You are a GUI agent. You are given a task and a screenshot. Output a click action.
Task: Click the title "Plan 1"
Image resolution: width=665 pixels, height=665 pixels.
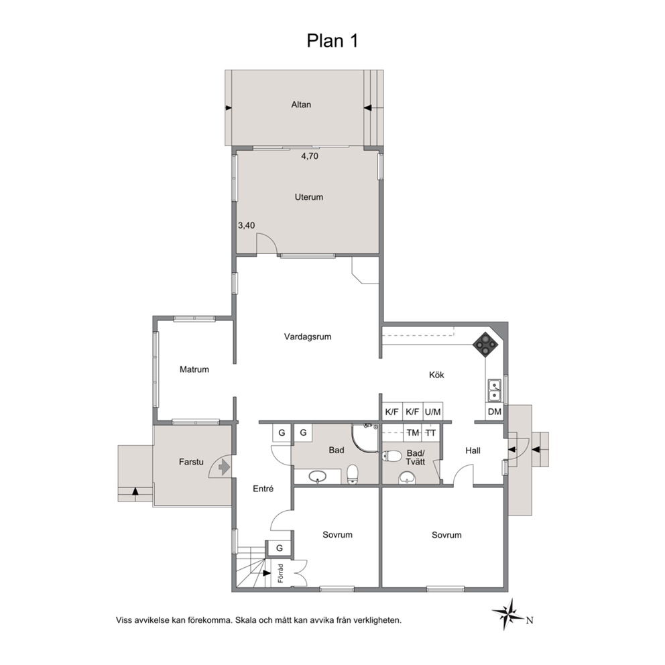click(332, 41)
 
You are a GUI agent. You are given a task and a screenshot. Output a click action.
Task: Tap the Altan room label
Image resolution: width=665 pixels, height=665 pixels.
click(301, 105)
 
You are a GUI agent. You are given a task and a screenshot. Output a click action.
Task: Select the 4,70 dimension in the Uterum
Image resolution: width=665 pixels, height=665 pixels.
click(310, 156)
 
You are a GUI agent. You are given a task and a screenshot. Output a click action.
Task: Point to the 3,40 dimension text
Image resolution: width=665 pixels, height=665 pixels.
click(247, 226)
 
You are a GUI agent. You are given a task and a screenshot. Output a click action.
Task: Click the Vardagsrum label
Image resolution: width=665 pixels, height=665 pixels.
click(308, 337)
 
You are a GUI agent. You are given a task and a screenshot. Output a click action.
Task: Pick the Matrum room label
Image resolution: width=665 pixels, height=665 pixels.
click(194, 369)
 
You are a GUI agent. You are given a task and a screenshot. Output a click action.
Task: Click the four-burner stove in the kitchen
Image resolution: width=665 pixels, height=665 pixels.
click(484, 344)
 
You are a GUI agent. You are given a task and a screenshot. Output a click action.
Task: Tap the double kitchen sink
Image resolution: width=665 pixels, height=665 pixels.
click(494, 391)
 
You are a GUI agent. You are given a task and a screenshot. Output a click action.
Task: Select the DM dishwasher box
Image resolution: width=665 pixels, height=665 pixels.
click(495, 412)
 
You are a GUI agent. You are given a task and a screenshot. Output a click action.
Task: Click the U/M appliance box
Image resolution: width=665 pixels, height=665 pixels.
click(433, 412)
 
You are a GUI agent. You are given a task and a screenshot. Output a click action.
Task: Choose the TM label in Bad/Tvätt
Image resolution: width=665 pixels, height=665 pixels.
click(413, 433)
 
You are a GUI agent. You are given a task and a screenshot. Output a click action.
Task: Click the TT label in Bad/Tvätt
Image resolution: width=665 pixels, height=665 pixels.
click(430, 433)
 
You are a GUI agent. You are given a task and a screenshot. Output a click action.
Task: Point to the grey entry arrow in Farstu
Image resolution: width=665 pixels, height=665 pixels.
click(223, 468)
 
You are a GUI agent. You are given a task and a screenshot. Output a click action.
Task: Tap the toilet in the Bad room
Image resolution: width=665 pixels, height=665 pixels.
click(353, 474)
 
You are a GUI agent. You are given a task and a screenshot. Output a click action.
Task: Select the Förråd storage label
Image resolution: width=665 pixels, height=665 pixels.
click(280, 573)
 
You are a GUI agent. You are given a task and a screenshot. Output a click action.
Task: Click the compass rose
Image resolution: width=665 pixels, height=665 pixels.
click(508, 613)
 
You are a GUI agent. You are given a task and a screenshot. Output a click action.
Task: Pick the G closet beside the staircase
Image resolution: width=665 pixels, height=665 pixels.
click(280, 548)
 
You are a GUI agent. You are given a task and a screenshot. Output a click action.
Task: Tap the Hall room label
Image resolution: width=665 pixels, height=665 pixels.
click(473, 450)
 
